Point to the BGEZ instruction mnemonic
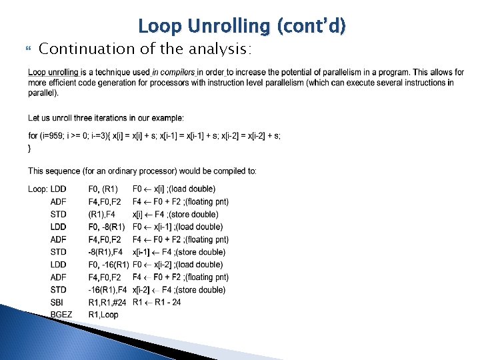61,315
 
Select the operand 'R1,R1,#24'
107,302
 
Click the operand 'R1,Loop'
103,315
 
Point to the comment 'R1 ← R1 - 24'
157,302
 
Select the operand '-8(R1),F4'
105,252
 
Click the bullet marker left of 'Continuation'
27,49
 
